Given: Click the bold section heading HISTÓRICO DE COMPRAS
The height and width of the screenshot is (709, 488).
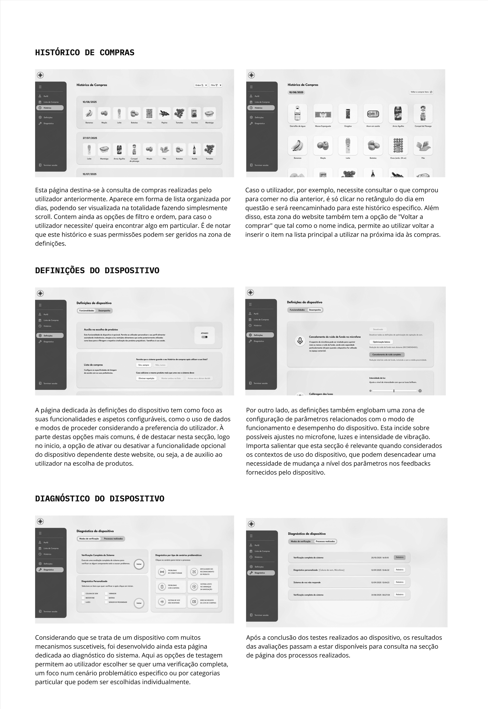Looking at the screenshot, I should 85,53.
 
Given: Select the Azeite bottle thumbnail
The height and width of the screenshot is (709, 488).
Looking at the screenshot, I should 194,149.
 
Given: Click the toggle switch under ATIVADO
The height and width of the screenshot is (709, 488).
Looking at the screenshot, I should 205,337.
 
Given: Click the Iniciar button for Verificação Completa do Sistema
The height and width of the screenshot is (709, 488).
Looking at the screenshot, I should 139,564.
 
